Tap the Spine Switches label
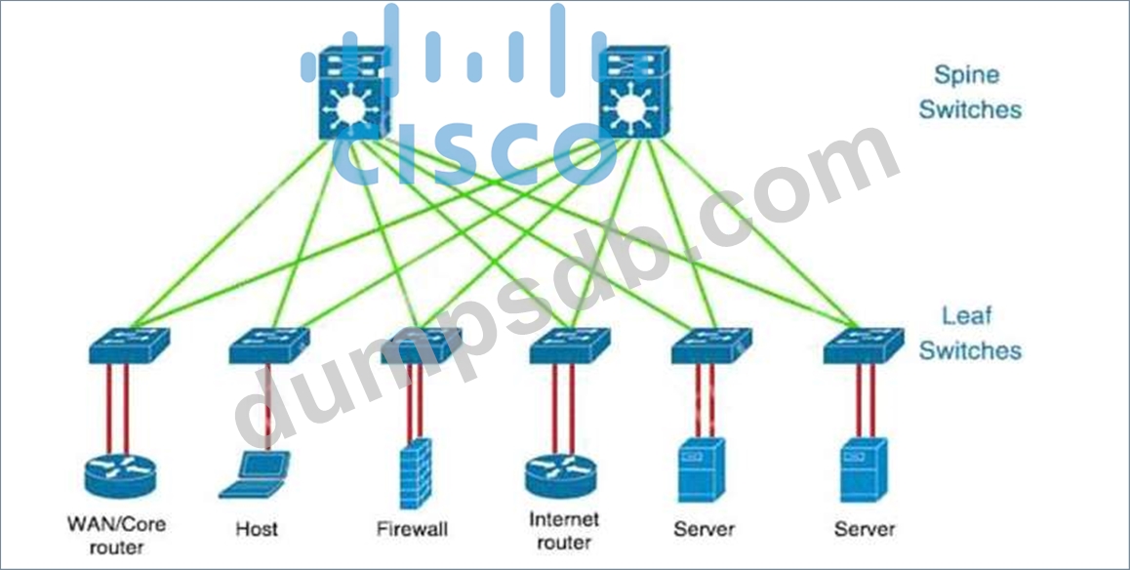pos(969,92)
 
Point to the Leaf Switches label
pos(969,333)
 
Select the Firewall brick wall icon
pos(416,473)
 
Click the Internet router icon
pos(562,472)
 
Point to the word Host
pos(257,529)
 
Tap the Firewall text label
pos(412,529)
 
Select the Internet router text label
pos(563,529)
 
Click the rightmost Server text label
pos(865,529)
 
